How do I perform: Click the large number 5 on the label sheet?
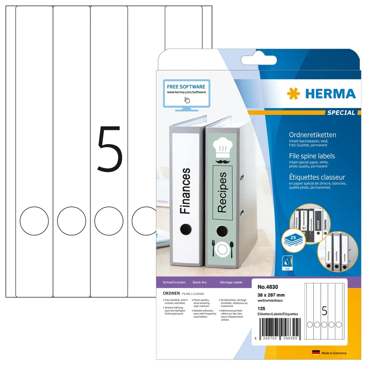point(110,150)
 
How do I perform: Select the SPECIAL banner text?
point(341,113)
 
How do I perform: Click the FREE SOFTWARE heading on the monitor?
point(186,86)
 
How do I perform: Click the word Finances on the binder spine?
point(185,191)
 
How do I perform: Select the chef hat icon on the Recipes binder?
point(222,146)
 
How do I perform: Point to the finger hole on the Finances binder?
point(186,230)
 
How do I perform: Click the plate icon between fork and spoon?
point(222,250)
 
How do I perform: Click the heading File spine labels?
point(312,156)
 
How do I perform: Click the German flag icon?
point(315,353)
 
